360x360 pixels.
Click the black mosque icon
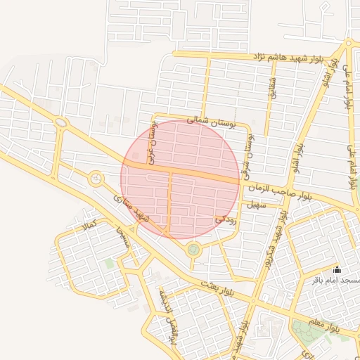click(337, 269)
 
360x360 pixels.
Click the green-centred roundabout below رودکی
click(193, 249)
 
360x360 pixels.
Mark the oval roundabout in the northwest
click(61, 123)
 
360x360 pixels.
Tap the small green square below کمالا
click(109, 263)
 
